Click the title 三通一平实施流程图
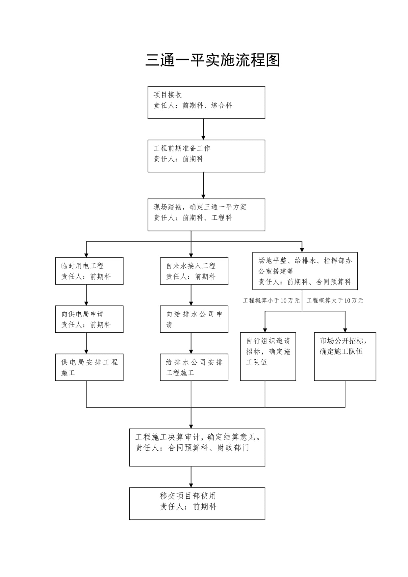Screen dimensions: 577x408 212,60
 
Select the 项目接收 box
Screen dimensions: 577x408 206,102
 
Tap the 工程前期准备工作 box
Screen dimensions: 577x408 206,156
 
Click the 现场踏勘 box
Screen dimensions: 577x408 206,215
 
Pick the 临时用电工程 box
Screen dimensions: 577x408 89,271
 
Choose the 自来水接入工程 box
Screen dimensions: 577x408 194,271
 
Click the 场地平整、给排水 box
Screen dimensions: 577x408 305,271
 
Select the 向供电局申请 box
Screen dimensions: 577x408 89,319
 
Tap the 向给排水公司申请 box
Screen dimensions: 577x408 194,319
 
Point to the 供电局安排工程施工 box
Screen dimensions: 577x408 89,367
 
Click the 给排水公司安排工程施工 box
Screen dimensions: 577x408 194,367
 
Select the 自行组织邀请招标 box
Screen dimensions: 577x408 268,356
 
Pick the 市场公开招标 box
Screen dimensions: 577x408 345,356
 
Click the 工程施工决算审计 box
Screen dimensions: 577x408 197,447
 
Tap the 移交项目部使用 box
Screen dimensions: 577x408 197,503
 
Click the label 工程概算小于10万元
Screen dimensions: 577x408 271,301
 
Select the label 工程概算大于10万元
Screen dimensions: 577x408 335,301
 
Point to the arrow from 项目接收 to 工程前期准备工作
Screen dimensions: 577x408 203,129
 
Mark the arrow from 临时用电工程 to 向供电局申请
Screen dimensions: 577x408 86,295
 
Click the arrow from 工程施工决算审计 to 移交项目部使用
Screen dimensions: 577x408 191,477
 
